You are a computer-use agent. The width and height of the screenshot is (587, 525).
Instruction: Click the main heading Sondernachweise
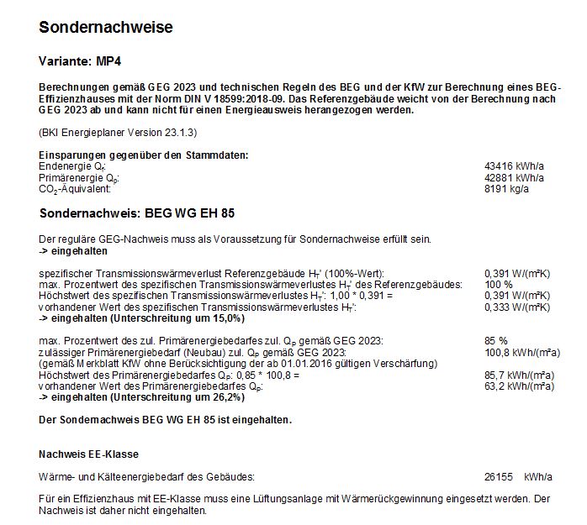(106, 28)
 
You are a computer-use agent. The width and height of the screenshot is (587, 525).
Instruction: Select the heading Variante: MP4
(86, 62)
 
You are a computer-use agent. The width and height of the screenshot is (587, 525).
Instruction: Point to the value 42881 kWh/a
(515, 179)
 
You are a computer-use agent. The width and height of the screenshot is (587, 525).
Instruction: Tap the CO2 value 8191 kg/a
(510, 190)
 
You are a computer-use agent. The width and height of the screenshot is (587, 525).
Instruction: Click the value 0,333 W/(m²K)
(518, 308)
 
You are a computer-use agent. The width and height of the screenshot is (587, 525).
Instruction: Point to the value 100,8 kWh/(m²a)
(522, 352)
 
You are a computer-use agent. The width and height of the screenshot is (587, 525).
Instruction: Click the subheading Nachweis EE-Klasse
(88, 454)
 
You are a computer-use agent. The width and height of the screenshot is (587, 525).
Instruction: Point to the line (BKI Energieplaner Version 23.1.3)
(117, 133)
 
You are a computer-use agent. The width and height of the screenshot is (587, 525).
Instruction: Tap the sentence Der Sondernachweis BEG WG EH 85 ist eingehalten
(166, 419)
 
